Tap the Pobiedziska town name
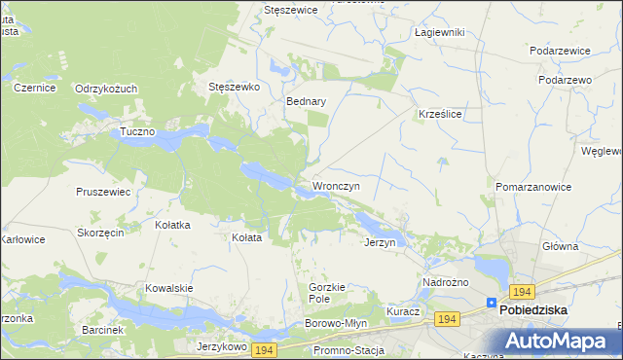click(533, 310)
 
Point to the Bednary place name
click(306, 100)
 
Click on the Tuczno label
click(137, 131)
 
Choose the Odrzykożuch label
click(106, 88)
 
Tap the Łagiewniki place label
click(439, 32)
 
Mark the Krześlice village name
click(439, 113)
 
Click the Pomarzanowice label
click(532, 186)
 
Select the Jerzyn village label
click(380, 242)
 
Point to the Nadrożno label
click(446, 282)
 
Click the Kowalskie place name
click(169, 288)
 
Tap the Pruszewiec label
click(103, 192)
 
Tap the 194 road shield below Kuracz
click(447, 319)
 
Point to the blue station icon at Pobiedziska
click(492, 303)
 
